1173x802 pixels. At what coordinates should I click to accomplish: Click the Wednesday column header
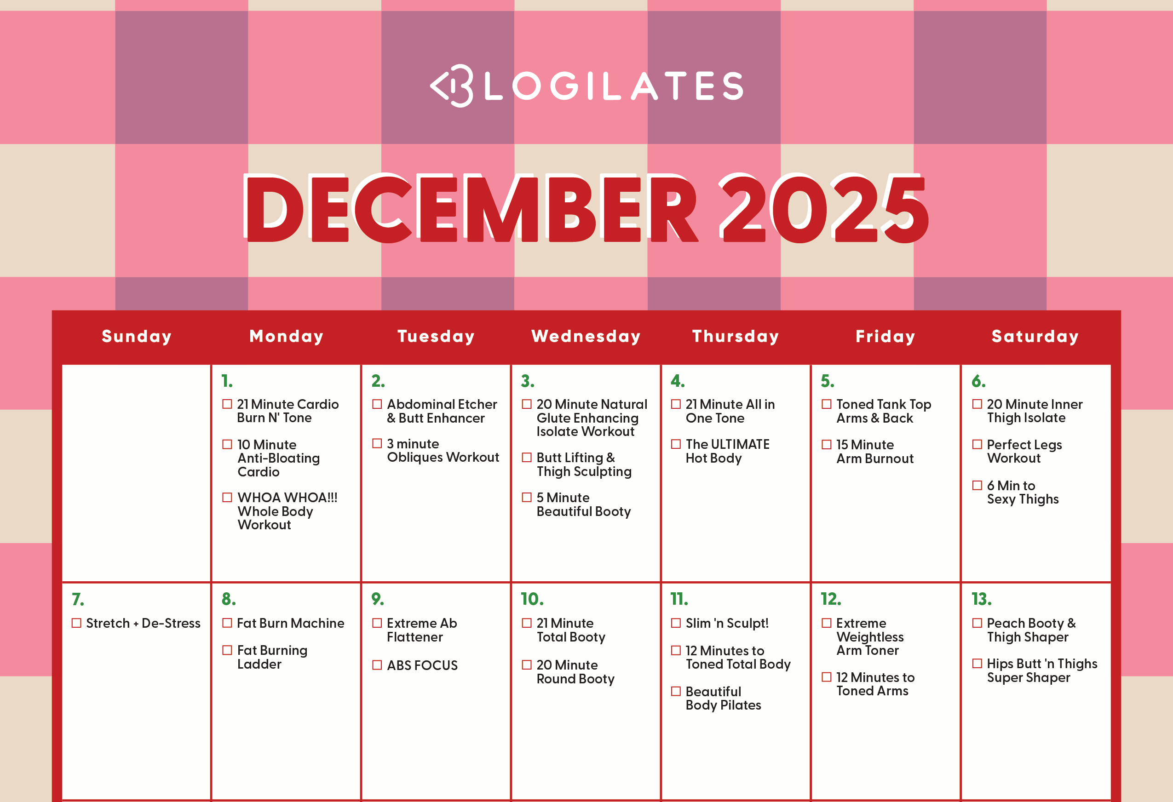tap(586, 337)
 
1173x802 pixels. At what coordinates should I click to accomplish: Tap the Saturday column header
tap(1035, 337)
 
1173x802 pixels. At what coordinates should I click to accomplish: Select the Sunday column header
tap(137, 337)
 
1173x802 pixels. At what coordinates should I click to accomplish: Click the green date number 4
tap(678, 381)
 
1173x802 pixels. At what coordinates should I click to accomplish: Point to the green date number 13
tap(981, 599)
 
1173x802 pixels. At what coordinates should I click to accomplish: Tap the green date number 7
tap(78, 599)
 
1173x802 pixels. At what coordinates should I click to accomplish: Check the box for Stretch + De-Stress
tap(76, 623)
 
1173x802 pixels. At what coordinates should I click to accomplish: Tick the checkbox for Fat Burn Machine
tap(227, 623)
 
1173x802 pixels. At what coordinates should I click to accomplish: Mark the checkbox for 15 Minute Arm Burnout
tap(826, 444)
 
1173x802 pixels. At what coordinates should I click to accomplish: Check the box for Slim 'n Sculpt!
tap(676, 623)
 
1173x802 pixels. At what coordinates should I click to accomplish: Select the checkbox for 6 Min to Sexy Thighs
tap(977, 485)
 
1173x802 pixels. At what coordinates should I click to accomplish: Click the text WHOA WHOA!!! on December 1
tap(287, 498)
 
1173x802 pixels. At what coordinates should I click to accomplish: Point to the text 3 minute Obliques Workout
tap(443, 450)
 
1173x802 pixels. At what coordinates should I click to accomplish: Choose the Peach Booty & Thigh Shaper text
tap(1031, 630)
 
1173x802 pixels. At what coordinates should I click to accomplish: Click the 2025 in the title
tap(824, 208)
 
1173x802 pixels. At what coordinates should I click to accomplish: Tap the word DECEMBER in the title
tap(472, 208)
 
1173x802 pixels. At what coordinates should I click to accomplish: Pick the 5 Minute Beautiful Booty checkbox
tap(526, 497)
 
